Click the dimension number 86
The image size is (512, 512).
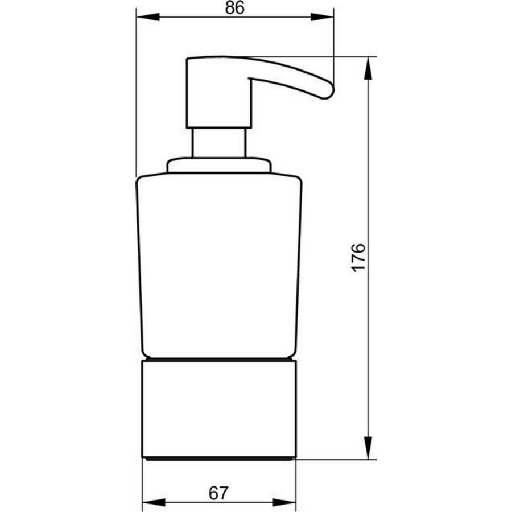click(234, 9)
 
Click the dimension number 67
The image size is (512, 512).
click(217, 493)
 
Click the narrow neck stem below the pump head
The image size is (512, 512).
click(219, 142)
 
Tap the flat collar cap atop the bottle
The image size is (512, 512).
click(219, 166)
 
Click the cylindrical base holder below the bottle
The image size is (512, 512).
click(219, 407)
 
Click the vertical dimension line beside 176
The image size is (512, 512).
click(368, 341)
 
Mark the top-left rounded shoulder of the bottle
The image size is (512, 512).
click(141, 181)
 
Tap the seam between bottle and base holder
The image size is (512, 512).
click(219, 360)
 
